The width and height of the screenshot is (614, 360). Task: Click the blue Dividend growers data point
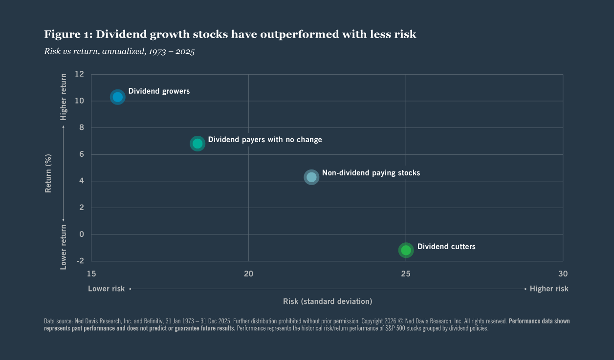[117, 97]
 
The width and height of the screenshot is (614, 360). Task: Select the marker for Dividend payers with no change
[197, 143]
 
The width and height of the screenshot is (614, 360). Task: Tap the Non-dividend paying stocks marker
[311, 177]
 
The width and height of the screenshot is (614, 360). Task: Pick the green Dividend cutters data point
[406, 250]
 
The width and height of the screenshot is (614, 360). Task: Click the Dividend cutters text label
[446, 247]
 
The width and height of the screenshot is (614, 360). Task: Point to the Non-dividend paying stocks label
[371, 173]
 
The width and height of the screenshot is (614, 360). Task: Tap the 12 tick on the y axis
[80, 74]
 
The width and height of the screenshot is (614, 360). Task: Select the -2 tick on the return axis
[80, 261]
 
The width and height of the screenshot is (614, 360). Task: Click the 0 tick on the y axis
[82, 234]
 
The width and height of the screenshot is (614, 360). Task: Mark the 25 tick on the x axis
[406, 274]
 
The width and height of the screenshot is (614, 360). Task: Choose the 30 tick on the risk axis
[563, 274]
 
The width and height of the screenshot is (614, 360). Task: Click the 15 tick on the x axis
[91, 274]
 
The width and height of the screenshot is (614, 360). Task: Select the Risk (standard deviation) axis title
[328, 301]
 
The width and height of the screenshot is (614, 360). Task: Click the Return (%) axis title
[48, 173]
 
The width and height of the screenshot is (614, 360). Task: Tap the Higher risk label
[549, 289]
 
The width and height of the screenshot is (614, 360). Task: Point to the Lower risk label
[106, 289]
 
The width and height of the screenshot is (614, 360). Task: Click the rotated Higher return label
[64, 97]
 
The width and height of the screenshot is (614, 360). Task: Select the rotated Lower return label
[64, 247]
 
